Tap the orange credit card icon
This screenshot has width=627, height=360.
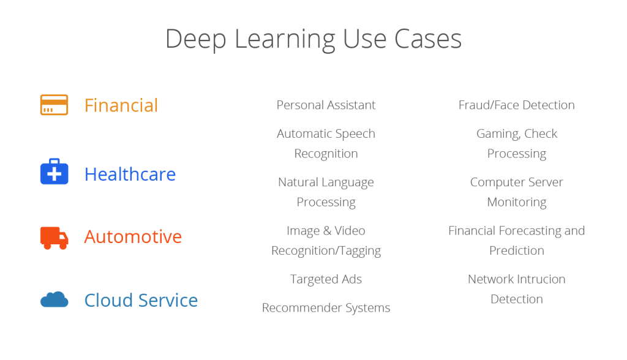[x=54, y=105]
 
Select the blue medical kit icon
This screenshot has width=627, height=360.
[x=54, y=173]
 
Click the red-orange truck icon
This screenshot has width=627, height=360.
[x=54, y=237]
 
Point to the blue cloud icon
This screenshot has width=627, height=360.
[x=54, y=299]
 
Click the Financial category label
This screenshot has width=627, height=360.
[x=121, y=105]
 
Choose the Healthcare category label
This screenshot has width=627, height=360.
[x=130, y=174]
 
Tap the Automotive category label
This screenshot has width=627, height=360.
[x=133, y=236]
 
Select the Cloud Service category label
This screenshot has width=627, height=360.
[x=141, y=300]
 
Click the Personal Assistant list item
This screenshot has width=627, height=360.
[x=326, y=105]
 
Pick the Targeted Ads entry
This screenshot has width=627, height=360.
[x=326, y=279]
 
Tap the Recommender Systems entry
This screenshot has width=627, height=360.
[x=326, y=307]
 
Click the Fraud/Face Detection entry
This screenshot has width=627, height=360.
[x=516, y=105]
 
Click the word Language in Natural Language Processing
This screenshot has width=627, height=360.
[x=347, y=182]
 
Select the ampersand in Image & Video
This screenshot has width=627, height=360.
[x=327, y=231]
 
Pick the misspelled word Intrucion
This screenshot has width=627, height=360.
[x=539, y=279]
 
